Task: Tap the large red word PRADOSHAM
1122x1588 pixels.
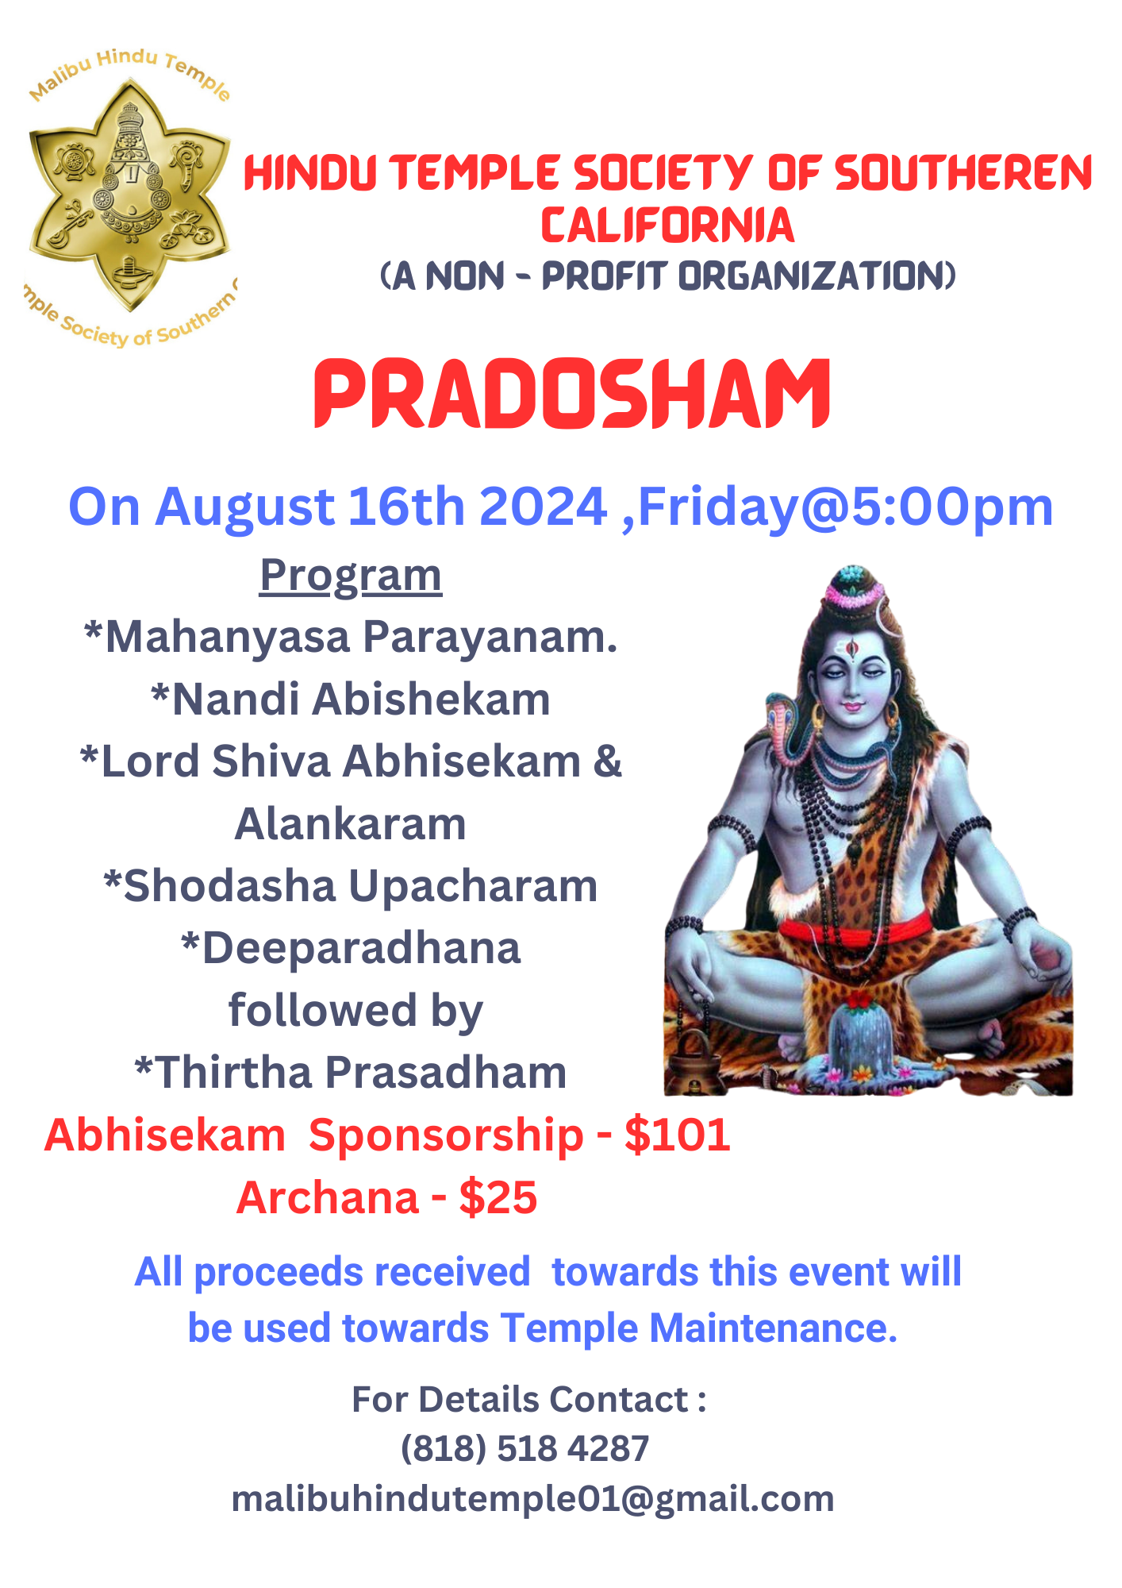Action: [572, 393]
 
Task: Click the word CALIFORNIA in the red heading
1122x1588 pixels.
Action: [667, 225]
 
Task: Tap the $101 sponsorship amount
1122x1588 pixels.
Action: [678, 1135]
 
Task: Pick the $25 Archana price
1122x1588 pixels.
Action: [498, 1197]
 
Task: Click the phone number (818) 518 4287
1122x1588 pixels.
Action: [524, 1448]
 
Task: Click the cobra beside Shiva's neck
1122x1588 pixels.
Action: [784, 727]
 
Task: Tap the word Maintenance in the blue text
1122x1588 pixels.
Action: [773, 1328]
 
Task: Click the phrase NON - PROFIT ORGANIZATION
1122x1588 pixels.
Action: [690, 276]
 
